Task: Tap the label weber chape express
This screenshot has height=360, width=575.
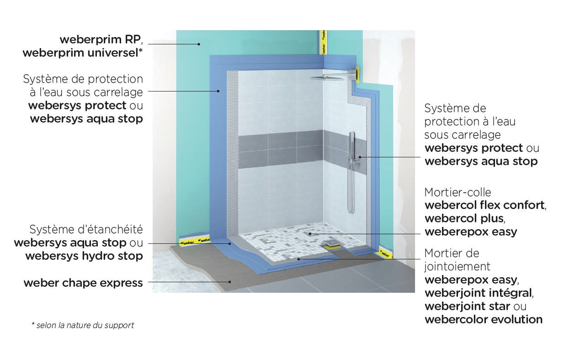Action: (83, 283)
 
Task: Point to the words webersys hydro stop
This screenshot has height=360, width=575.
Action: (84, 256)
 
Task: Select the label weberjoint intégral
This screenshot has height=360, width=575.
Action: (479, 293)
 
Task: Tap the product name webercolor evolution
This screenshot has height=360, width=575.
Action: (484, 319)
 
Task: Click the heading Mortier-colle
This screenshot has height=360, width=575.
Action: (458, 192)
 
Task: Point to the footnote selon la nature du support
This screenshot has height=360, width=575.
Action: (85, 326)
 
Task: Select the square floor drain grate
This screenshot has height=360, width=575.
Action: (332, 241)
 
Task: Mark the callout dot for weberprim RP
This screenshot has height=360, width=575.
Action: (199, 44)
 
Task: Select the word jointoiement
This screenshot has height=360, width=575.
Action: (457, 266)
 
